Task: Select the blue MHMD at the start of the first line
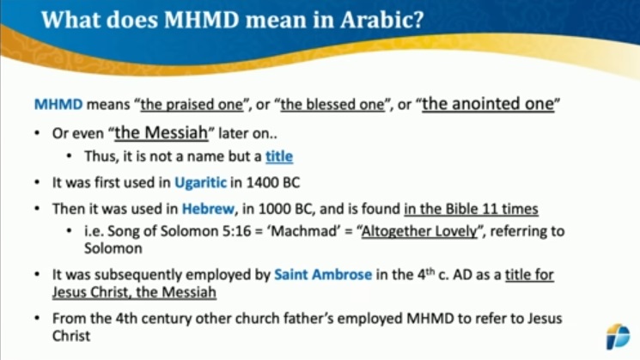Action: point(58,105)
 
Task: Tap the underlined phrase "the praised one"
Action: point(192,105)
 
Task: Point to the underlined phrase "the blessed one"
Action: point(332,105)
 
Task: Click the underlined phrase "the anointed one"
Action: point(488,104)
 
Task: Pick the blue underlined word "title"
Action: point(279,156)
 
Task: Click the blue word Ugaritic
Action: point(200,182)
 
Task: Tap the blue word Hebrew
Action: point(208,209)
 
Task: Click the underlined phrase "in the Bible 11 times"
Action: point(471,209)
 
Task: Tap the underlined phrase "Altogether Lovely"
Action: point(419,231)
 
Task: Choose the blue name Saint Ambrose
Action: point(323,275)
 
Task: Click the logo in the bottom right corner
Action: point(618,336)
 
